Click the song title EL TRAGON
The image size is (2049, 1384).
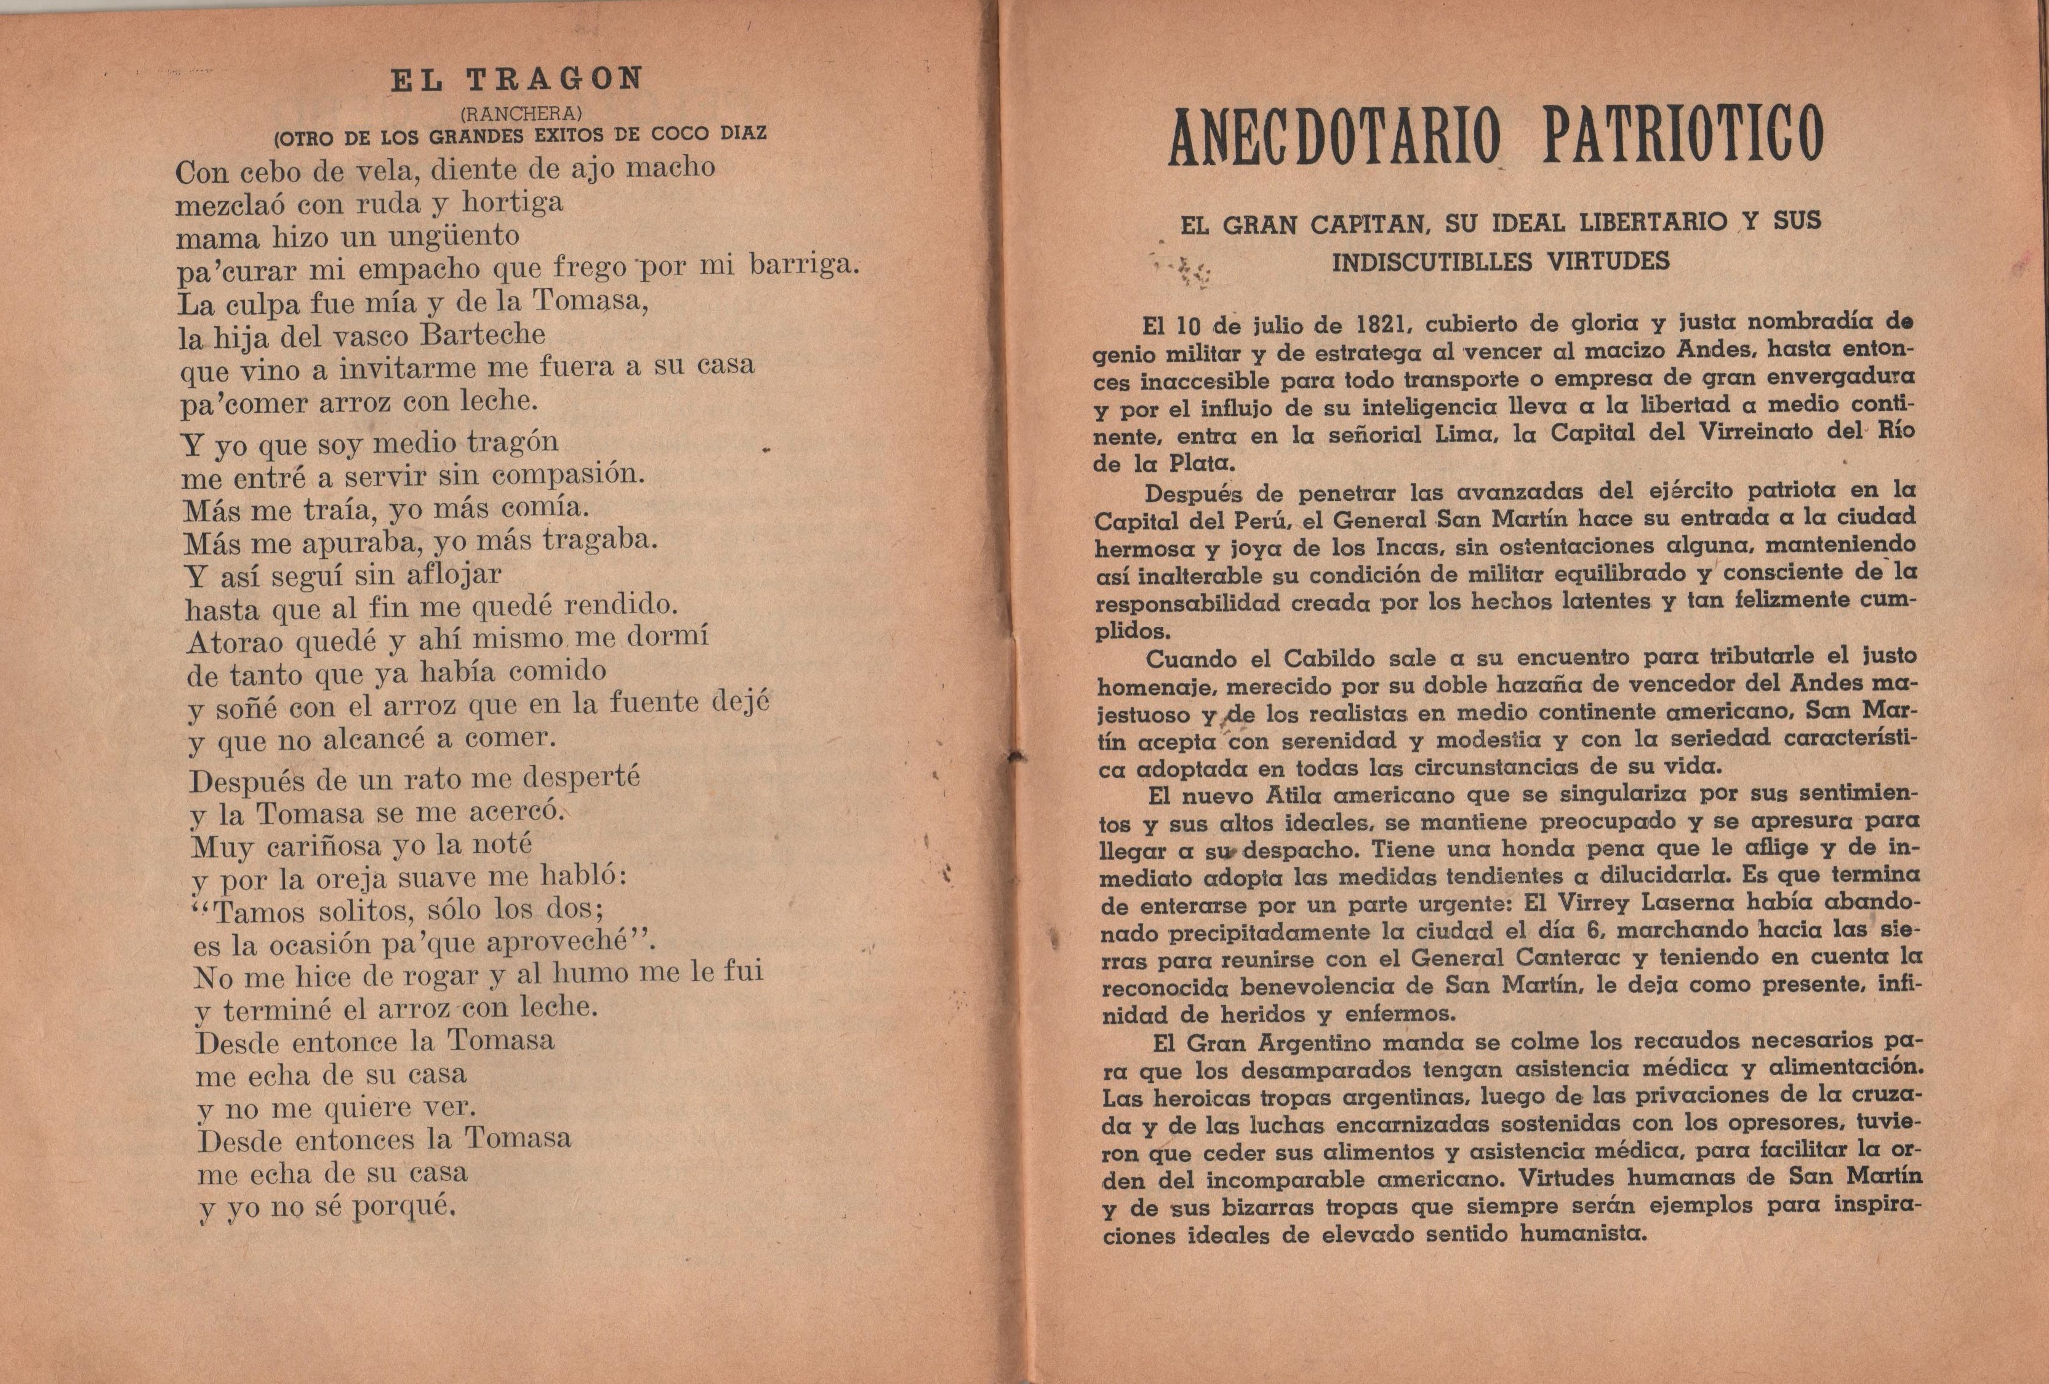coord(516,79)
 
